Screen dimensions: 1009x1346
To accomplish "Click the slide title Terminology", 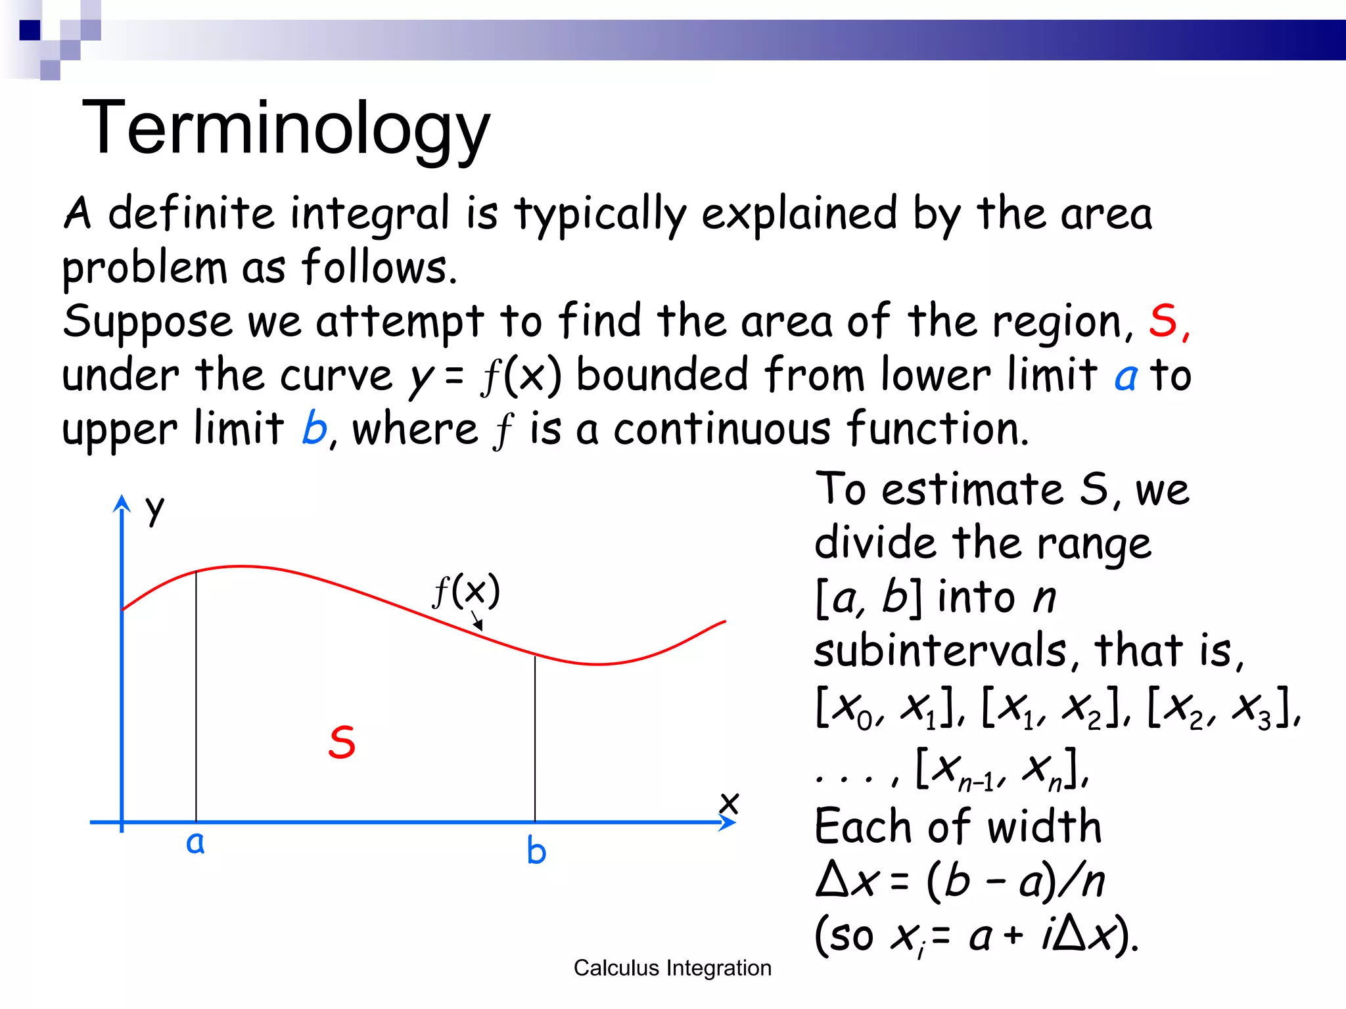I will coord(286,128).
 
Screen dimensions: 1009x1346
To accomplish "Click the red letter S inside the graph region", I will coord(342,743).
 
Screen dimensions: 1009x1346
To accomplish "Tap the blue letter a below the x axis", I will coord(195,843).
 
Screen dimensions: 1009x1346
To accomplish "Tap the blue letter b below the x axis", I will coord(536,851).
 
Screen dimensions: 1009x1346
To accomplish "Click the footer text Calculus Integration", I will coord(672,968).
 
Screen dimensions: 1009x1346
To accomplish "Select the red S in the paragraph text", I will coord(1163,321).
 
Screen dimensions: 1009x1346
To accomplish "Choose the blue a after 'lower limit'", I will coord(1126,376).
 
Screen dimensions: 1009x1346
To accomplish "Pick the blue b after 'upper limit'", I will coord(314,429).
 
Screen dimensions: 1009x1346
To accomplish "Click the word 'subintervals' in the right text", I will coord(940,650).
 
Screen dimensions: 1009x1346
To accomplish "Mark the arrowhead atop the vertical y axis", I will coord(122,503).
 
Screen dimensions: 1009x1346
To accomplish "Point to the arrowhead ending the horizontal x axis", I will coord(728,822).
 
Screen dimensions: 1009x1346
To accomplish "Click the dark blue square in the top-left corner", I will coord(30,30).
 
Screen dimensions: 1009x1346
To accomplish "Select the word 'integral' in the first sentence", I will coord(370,215).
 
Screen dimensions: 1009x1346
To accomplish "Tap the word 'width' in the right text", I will coord(1044,826).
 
